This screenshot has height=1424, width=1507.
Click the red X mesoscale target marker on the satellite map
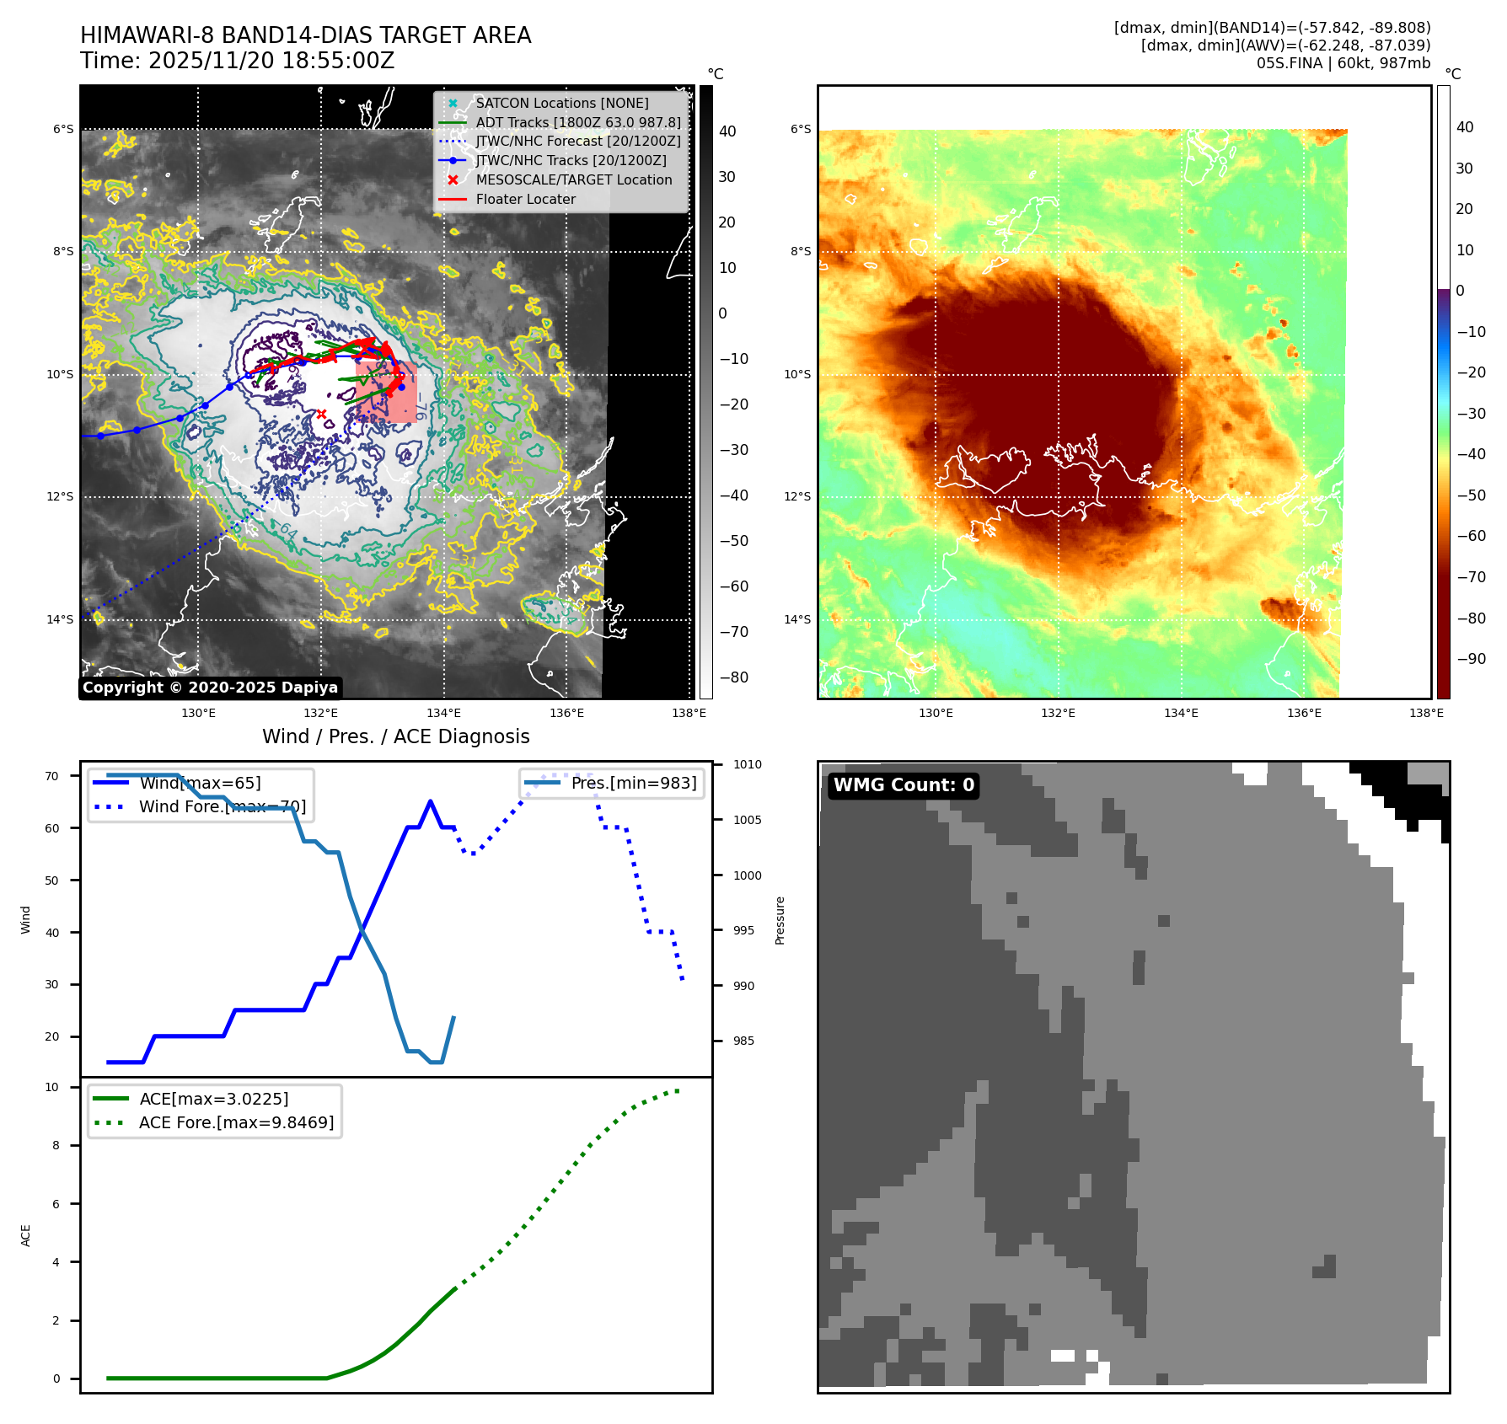(321, 414)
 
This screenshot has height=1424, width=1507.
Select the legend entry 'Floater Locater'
(525, 200)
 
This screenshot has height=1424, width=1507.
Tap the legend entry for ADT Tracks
(577, 122)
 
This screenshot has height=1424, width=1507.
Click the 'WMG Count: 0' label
(904, 785)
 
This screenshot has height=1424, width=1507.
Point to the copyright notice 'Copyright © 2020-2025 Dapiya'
(210, 688)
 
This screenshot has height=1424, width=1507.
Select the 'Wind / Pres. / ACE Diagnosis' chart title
(395, 736)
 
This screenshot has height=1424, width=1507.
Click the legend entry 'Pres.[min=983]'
(633, 783)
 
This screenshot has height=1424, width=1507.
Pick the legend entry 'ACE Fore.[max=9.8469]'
(236, 1122)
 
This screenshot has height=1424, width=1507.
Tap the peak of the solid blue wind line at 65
(430, 801)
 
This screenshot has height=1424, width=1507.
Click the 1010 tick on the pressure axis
(747, 765)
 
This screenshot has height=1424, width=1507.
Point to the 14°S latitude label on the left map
(60, 619)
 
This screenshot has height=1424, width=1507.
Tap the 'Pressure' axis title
(780, 920)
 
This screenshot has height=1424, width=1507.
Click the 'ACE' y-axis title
(25, 1235)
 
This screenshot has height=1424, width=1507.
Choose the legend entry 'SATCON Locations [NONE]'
(561, 103)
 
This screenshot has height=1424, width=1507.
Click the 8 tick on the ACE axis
(56, 1145)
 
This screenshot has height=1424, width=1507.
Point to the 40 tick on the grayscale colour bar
(727, 131)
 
